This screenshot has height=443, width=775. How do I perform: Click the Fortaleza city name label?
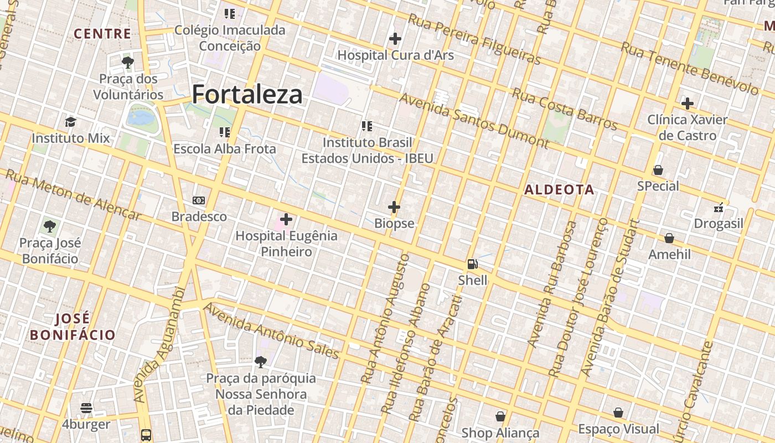point(247,95)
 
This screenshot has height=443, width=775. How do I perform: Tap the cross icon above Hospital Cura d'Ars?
point(395,39)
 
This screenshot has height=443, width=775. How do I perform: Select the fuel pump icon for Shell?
point(472,264)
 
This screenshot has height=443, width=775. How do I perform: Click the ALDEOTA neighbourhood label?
point(559,190)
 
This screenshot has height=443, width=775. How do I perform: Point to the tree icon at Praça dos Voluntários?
point(128,62)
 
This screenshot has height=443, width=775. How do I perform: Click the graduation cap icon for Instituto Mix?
point(70,122)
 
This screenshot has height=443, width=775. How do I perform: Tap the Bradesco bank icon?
point(199,200)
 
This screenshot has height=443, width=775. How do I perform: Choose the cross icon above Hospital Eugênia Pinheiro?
point(286,219)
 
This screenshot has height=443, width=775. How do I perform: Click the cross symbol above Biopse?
point(394,207)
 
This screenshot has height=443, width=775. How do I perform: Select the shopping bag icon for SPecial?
point(658,170)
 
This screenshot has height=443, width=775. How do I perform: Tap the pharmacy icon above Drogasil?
point(719,208)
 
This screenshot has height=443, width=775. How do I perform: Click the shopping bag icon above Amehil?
point(669,238)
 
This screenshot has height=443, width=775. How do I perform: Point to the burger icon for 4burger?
point(86,409)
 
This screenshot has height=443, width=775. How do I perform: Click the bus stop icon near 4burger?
point(146,435)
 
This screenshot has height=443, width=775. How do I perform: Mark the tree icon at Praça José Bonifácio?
point(50,226)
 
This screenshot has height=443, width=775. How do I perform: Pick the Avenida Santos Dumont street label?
point(473,120)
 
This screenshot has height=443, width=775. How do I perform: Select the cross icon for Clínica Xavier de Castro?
point(688,104)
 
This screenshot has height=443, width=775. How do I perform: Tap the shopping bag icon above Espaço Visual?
point(618,413)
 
